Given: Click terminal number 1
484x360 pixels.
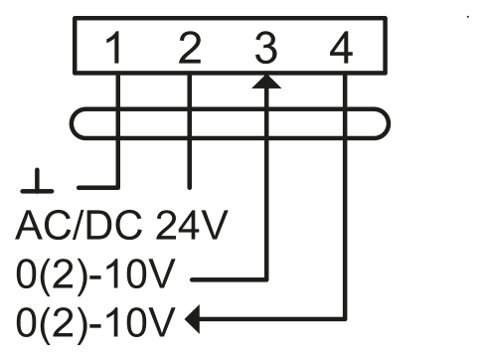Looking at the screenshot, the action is click(x=114, y=48).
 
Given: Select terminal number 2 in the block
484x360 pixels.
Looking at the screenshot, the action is click(x=190, y=48).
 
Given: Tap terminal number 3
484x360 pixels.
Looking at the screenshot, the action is click(x=265, y=48).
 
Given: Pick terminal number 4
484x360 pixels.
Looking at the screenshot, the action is click(x=341, y=48).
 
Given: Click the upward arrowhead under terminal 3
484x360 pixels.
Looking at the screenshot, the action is click(x=266, y=82).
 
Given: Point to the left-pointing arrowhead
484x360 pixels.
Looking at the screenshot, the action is click(x=193, y=319).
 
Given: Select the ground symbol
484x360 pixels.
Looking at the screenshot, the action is click(x=37, y=181).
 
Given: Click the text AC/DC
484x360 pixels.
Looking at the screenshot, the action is click(x=79, y=225).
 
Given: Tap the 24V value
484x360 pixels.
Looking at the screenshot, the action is click(x=191, y=225).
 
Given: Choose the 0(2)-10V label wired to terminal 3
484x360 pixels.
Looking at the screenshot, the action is click(x=95, y=274).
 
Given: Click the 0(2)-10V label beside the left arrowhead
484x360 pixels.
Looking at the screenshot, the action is click(x=95, y=321).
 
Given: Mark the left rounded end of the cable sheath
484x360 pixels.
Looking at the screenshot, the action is click(x=72, y=123).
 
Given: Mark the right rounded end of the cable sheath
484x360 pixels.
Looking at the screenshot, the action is click(x=389, y=123).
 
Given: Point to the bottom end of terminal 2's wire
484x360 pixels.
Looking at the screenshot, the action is click(x=189, y=188).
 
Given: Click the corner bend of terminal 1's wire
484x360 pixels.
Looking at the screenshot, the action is click(x=117, y=188).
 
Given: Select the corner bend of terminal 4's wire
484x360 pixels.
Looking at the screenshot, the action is click(x=345, y=319).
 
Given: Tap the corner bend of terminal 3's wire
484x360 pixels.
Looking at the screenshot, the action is click(x=266, y=279).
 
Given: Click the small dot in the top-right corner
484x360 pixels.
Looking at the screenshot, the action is click(x=468, y=16).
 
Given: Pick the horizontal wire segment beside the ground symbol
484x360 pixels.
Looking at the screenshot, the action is click(x=98, y=188).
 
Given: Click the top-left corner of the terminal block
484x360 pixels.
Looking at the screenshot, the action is click(x=75, y=18).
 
